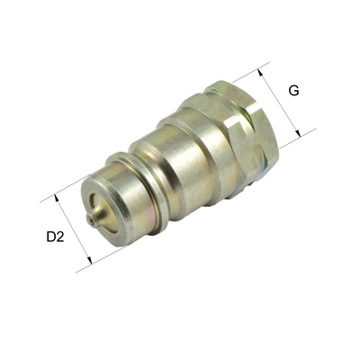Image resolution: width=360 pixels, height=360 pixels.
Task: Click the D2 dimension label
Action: [55, 238]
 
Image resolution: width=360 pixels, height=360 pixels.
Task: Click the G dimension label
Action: [293, 90]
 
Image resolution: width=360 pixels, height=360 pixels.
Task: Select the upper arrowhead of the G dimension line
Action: [268, 66]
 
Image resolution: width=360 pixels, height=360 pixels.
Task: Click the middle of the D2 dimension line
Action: [74, 229]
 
